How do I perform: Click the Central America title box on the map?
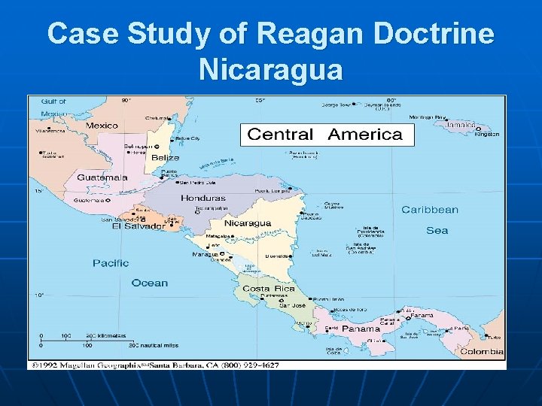(x=325, y=135)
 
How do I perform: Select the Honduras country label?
(x=202, y=198)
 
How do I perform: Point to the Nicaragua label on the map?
(x=247, y=223)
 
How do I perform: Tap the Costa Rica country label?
(x=267, y=289)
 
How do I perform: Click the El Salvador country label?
(x=138, y=226)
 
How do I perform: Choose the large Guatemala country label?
(x=102, y=177)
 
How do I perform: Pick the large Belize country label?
(x=165, y=158)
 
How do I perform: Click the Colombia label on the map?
(x=482, y=351)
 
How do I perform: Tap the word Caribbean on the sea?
(x=429, y=210)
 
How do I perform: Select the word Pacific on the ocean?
(x=111, y=263)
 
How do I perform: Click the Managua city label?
(x=205, y=254)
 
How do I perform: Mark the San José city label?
(x=292, y=306)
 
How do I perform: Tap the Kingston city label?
(x=487, y=135)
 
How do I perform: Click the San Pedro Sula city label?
(x=196, y=182)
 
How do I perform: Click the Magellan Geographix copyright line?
(x=154, y=365)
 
